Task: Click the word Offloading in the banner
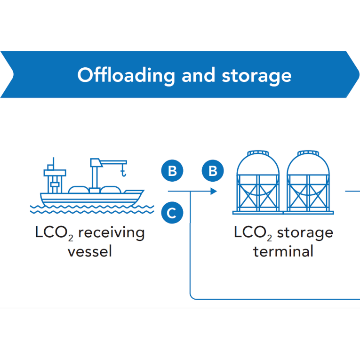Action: click(126, 75)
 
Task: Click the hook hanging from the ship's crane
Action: click(124, 174)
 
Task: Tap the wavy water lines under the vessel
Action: click(92, 208)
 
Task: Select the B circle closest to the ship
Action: click(172, 171)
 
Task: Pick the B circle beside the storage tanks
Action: click(213, 171)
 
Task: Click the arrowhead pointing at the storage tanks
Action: click(214, 192)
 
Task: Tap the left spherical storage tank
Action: click(258, 181)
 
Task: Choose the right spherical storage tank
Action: click(308, 181)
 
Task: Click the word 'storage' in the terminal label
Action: click(305, 233)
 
